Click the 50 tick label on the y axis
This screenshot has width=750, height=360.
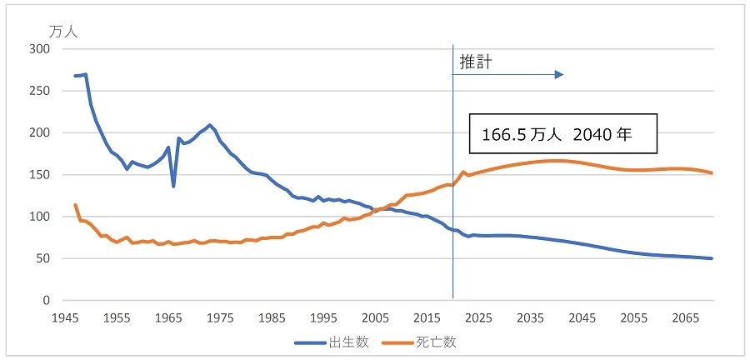pyautogui.click(x=44, y=258)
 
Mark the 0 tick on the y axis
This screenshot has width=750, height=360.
pyautogui.click(x=47, y=301)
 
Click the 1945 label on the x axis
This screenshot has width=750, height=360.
pyautogui.click(x=66, y=317)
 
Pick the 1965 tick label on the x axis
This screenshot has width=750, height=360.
pyautogui.click(x=169, y=317)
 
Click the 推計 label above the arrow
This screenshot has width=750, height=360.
pyautogui.click(x=472, y=62)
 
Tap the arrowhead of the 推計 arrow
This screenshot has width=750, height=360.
pyautogui.click(x=560, y=75)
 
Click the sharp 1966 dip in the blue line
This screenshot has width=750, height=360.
pyautogui.click(x=173, y=186)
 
